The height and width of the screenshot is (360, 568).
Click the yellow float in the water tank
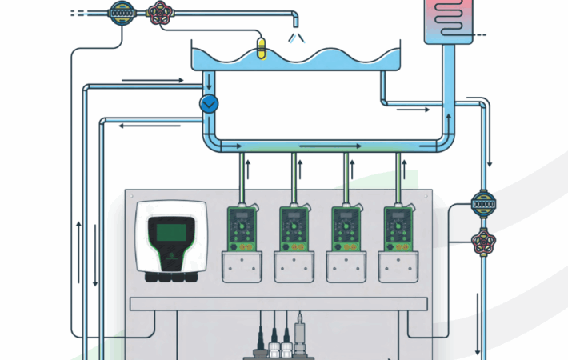point(258,47)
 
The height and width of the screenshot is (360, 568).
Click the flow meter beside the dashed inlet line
point(121,13)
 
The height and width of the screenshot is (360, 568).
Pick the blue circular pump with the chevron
point(209,103)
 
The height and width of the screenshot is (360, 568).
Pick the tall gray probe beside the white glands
point(300,330)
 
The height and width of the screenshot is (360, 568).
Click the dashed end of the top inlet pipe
point(80,13)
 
